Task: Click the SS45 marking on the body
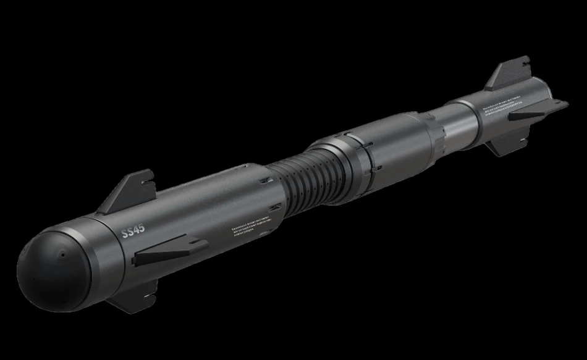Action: coord(133,232)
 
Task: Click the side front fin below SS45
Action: coord(167,251)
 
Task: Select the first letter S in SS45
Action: coord(124,234)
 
